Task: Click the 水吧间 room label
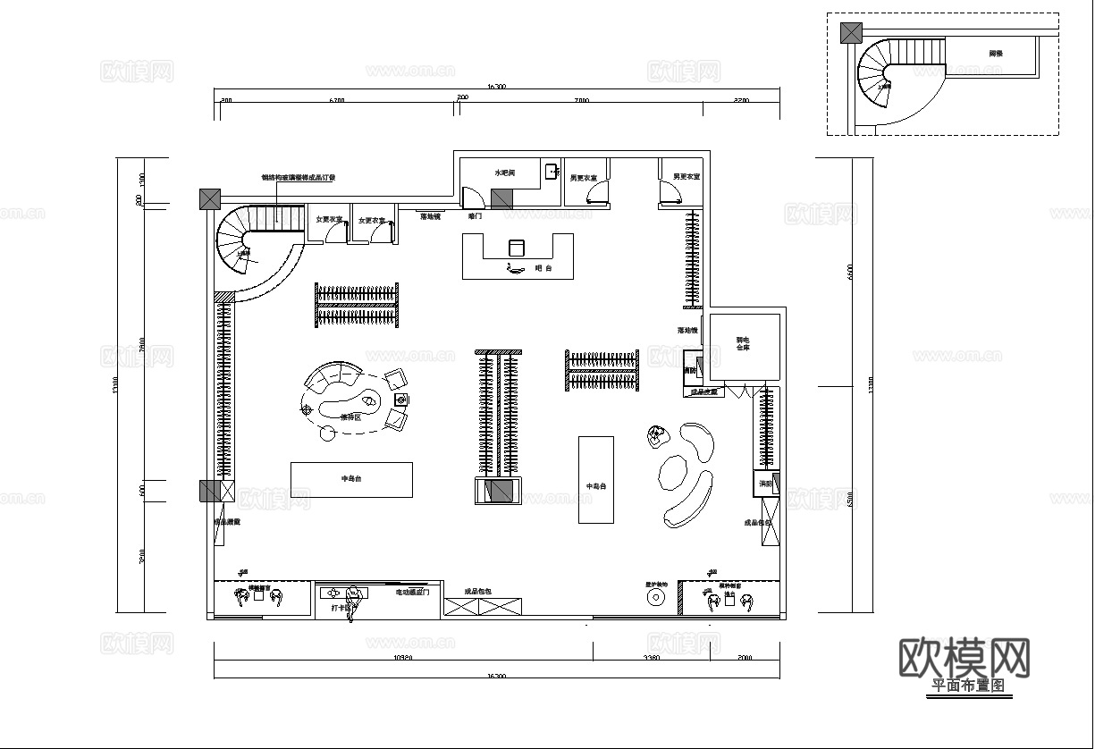click(x=505, y=172)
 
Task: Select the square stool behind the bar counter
click(x=516, y=247)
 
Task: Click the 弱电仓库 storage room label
click(x=743, y=343)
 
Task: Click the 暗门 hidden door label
click(x=475, y=215)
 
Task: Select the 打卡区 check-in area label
click(x=340, y=608)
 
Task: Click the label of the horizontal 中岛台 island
click(x=351, y=479)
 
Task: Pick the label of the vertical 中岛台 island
click(x=595, y=486)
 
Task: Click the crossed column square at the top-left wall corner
click(x=209, y=198)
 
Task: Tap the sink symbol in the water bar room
click(x=552, y=170)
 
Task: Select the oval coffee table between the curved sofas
click(x=670, y=473)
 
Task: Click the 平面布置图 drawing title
click(x=969, y=686)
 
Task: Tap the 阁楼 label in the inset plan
click(x=996, y=55)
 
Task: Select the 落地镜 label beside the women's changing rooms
click(x=431, y=215)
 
